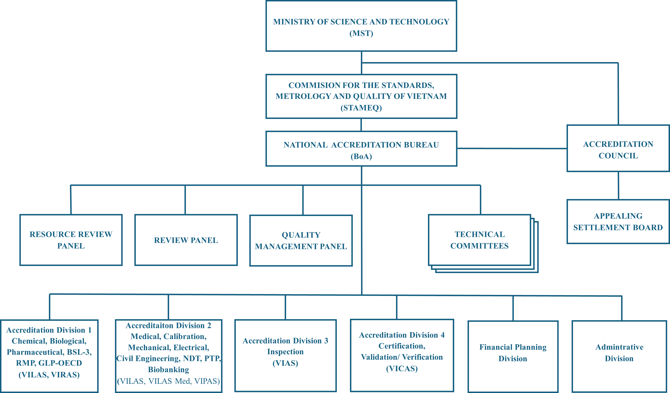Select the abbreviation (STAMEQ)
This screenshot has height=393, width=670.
point(361,108)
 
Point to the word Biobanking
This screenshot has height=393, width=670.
point(169,370)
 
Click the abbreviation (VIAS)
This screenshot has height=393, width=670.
point(285,363)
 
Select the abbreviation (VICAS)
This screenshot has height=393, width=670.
point(402,369)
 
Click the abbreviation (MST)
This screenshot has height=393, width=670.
point(361,33)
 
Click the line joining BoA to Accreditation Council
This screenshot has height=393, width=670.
point(512,148)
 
